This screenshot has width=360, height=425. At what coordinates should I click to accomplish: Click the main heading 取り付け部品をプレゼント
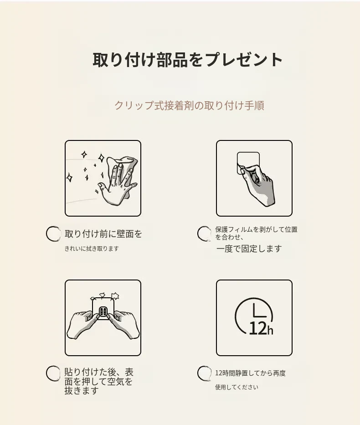[x=188, y=59]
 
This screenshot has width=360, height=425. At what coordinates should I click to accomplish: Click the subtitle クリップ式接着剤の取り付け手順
[x=189, y=105]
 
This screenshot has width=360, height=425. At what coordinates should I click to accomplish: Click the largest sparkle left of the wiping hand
[x=101, y=158]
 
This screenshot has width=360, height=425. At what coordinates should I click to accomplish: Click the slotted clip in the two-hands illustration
[x=103, y=311]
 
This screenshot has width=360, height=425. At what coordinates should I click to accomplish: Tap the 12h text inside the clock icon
[x=261, y=328]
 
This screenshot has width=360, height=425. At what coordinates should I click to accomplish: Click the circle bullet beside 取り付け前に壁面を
[x=53, y=233]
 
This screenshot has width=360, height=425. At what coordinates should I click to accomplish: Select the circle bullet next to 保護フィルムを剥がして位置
[x=204, y=233]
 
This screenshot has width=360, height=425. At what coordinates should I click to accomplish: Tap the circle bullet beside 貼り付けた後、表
[x=53, y=373]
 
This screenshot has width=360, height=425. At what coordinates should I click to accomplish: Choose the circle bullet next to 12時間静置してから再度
[x=204, y=373]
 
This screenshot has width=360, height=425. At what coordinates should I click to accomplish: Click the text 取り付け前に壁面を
[x=103, y=233]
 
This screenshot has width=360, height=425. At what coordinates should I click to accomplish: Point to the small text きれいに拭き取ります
[x=92, y=249]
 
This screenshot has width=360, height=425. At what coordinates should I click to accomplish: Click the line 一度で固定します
[x=249, y=249]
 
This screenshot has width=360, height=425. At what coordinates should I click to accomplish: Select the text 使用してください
[x=237, y=387]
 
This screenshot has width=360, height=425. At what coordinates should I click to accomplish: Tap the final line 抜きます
[x=81, y=391]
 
